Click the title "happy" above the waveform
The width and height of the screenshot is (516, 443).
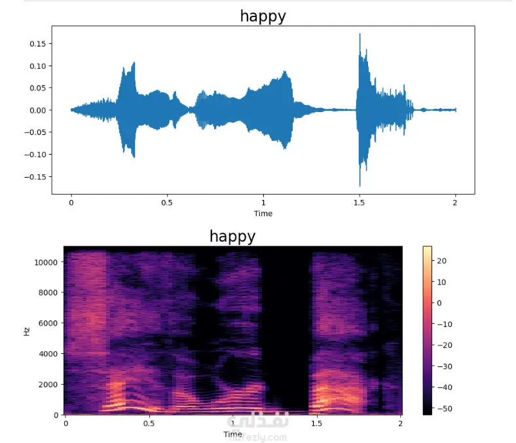[x=263, y=16]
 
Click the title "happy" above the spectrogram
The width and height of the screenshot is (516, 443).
[x=232, y=236]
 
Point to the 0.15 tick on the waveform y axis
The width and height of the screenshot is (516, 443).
[x=38, y=44]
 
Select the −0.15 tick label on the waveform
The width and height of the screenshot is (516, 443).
[x=35, y=177]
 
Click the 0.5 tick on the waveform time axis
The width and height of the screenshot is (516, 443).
[x=167, y=202]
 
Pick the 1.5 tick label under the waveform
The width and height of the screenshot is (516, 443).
[x=359, y=202]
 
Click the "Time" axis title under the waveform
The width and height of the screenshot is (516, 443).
[x=263, y=214]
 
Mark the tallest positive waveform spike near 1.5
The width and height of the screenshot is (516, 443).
[x=359, y=35]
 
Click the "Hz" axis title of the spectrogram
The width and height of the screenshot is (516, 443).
[x=27, y=331]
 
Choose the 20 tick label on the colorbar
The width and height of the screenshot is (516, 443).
[x=441, y=261]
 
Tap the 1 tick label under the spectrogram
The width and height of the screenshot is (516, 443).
[x=233, y=423]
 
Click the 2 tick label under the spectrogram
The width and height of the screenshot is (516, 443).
[x=401, y=423]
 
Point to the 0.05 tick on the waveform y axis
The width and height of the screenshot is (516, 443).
[x=38, y=88]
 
